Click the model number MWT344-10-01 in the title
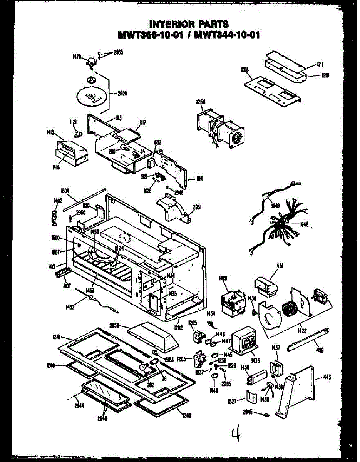coord(227,35)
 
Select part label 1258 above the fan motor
coord(201,102)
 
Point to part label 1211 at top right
coord(320,65)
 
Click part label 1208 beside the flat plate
coord(244,70)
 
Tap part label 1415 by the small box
coord(50,132)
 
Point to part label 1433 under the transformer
coord(255,361)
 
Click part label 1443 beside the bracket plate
coord(327,377)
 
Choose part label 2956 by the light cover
coord(114,326)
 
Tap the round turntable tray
coord(92,95)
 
